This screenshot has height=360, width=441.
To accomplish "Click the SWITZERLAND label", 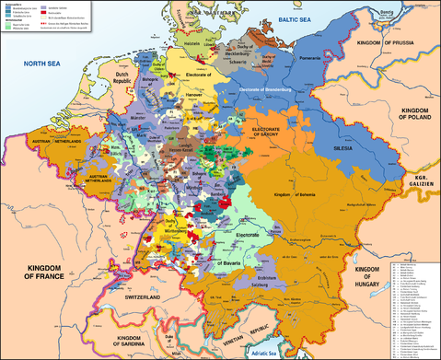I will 145,300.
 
